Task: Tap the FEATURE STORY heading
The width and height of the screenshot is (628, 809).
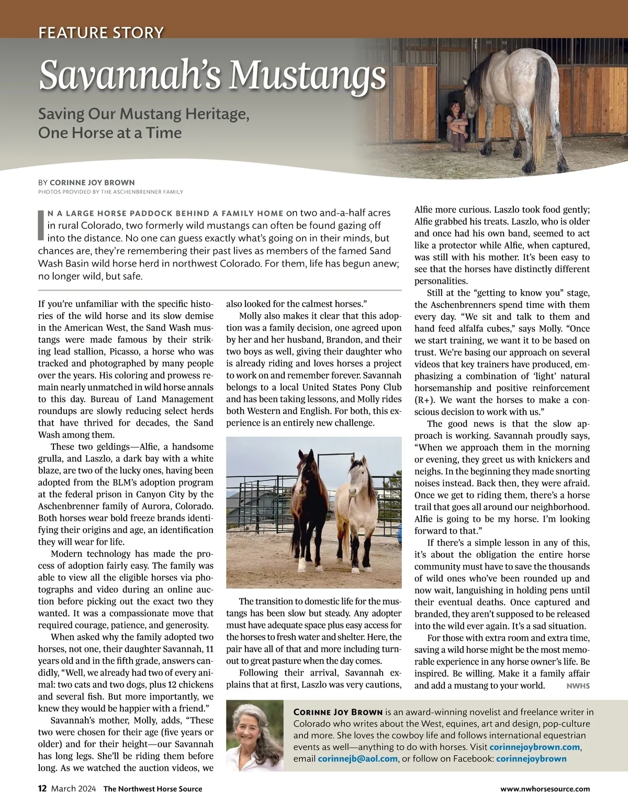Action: coord(101,33)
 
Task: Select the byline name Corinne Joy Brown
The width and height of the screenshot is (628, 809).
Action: coord(92,183)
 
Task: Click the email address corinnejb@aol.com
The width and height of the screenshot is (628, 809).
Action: coord(357,759)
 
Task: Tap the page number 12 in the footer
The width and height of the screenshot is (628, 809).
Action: coord(42,789)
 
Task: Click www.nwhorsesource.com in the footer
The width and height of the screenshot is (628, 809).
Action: coord(545,789)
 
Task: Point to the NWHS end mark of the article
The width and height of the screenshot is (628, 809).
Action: coord(578,686)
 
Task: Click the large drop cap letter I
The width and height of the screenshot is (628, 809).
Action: coord(42,225)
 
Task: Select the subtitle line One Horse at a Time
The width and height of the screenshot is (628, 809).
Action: coord(110,132)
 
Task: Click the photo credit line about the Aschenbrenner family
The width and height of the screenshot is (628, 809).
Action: coord(110,192)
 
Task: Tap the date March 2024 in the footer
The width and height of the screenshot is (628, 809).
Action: coord(73,789)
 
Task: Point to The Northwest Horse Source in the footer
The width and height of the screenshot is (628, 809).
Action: coord(152,789)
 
